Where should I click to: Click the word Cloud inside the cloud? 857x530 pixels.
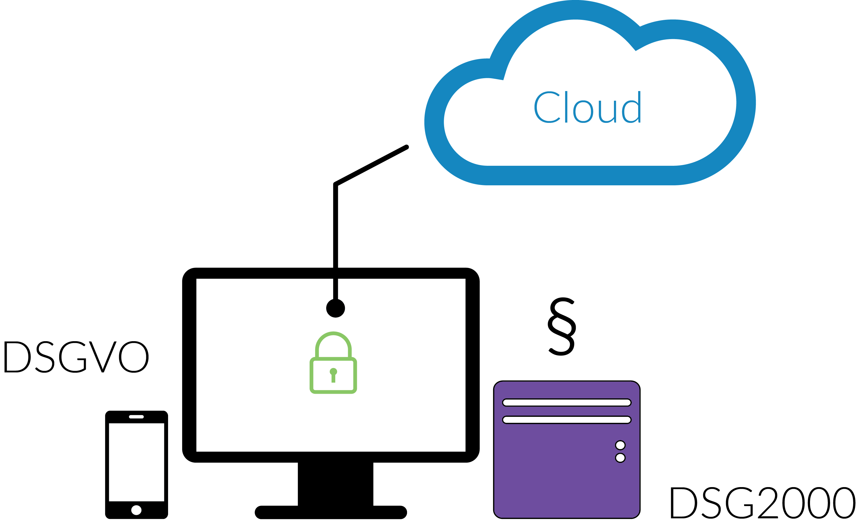point(587,107)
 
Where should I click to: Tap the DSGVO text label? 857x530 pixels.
point(76,357)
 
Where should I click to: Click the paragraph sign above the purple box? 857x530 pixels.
point(562,327)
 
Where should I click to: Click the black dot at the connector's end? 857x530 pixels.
point(335,308)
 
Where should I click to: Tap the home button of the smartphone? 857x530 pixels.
point(136,510)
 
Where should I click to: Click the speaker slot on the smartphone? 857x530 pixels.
point(136,417)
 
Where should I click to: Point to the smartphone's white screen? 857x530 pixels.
point(136,462)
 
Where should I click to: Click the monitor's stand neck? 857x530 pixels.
point(335,484)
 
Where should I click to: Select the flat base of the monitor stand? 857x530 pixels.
point(331,512)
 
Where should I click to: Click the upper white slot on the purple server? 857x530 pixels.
point(567,402)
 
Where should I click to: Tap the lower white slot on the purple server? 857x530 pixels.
point(567,420)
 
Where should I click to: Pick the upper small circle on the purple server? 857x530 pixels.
point(620,445)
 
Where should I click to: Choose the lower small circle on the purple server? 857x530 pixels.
point(620,458)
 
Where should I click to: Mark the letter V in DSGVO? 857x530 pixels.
point(102,357)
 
